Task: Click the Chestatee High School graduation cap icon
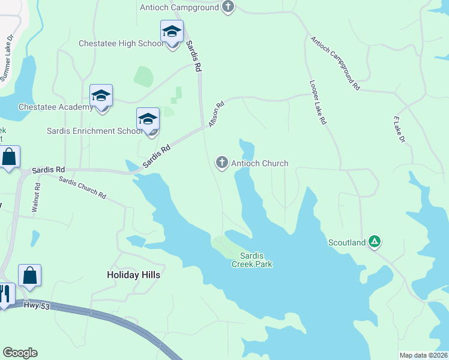click(x=172, y=32)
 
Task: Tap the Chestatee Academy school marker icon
click(x=101, y=96)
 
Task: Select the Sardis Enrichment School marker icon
click(x=148, y=119)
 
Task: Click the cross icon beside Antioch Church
click(x=222, y=163)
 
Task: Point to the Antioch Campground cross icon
click(x=228, y=7)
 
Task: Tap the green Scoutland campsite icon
click(x=375, y=242)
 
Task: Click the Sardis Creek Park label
click(x=252, y=259)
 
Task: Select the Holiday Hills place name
click(x=134, y=275)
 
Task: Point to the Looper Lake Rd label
click(x=318, y=103)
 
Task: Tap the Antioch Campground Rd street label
click(x=334, y=63)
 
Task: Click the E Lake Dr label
click(x=400, y=129)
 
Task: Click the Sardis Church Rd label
click(x=83, y=189)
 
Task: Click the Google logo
click(x=20, y=353)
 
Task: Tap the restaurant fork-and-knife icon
click(x=5, y=294)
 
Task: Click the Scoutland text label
click(x=347, y=242)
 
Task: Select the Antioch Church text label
click(x=259, y=163)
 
